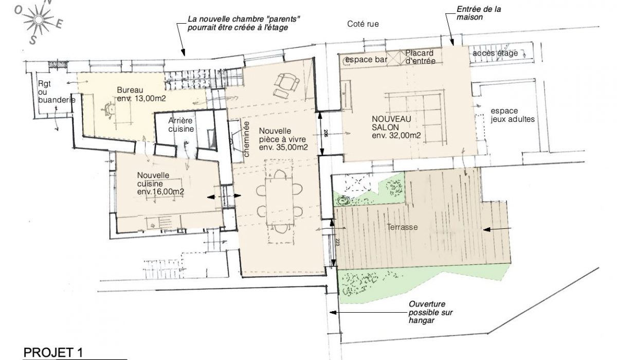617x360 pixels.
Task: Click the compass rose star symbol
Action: pyautogui.click(x=38, y=20)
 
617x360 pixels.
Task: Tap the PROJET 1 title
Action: pyautogui.click(x=53, y=353)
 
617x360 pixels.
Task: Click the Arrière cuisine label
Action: pyautogui.click(x=181, y=124)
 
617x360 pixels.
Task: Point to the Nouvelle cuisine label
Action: pyautogui.click(x=160, y=184)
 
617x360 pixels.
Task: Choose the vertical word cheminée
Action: pyautogui.click(x=246, y=139)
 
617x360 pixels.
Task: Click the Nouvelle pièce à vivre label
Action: pyautogui.click(x=283, y=139)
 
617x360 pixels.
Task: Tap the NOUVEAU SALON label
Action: pyautogui.click(x=396, y=127)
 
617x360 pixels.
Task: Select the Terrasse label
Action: pyautogui.click(x=402, y=227)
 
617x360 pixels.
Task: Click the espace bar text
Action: pyautogui.click(x=366, y=60)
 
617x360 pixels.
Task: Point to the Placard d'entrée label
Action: pyautogui.click(x=421, y=57)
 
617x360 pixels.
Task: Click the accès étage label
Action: pyautogui.click(x=495, y=53)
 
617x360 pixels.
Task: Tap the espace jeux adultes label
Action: pyautogui.click(x=513, y=115)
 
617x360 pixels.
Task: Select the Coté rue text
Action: pyautogui.click(x=363, y=24)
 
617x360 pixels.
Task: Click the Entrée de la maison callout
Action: pyautogui.click(x=479, y=13)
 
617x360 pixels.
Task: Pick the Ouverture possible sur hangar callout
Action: pyautogui.click(x=430, y=312)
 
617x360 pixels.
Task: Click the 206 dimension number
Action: pyautogui.click(x=325, y=133)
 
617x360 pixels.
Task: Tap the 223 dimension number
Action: pyautogui.click(x=337, y=242)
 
